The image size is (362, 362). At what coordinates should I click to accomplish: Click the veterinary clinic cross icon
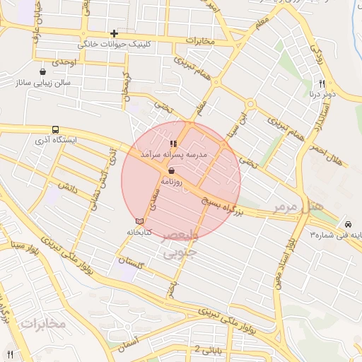(x=114, y=34)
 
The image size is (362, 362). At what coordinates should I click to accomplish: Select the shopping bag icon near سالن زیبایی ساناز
(x=44, y=71)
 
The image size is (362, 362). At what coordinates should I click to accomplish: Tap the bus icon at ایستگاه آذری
(x=55, y=129)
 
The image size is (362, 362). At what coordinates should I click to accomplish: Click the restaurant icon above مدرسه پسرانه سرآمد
(x=174, y=144)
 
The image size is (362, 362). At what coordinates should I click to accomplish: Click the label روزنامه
(x=173, y=182)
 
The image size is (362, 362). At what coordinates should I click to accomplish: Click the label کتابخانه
(x=139, y=232)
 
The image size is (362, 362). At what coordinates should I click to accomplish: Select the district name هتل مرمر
(x=298, y=207)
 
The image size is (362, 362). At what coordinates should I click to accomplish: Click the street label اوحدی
(x=63, y=62)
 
